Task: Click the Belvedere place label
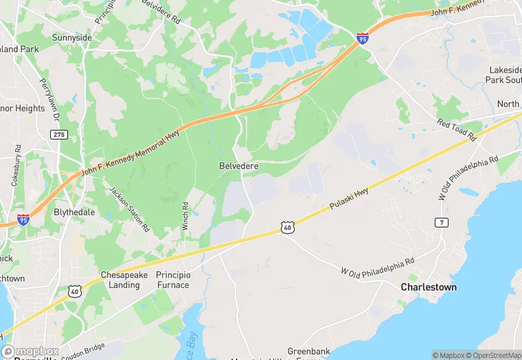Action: coord(238,166)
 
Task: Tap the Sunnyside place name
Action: coord(72,37)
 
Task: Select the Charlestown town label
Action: coord(429,286)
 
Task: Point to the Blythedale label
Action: coord(74,212)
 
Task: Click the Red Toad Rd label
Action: coord(456,131)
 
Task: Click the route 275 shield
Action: coord(58,135)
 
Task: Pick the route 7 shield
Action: coord(441,222)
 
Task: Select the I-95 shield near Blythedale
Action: coord(24,220)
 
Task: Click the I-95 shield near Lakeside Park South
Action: coord(362,38)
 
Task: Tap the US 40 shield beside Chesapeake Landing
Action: coord(73,292)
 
